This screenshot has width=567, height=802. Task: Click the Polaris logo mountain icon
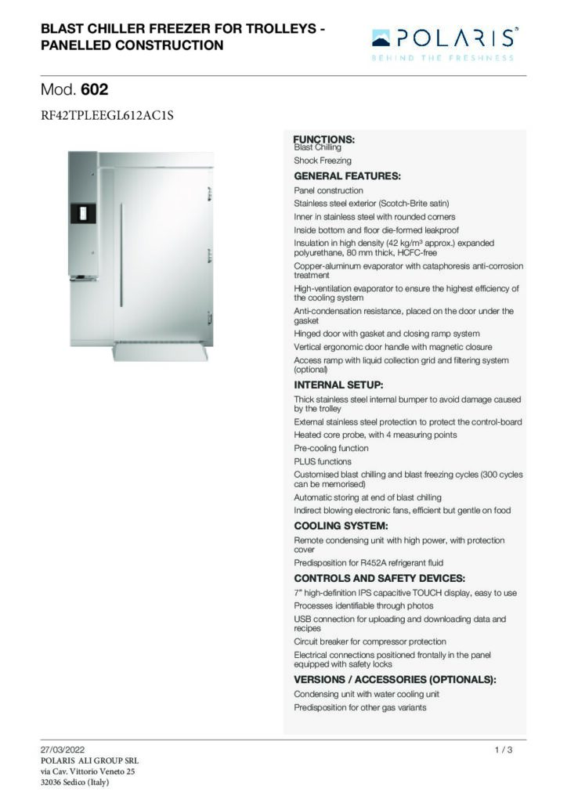[x=381, y=37]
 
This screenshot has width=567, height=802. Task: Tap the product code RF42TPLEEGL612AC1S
[x=106, y=116]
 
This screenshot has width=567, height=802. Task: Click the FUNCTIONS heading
[x=323, y=139]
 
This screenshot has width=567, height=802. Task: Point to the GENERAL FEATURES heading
[x=347, y=175]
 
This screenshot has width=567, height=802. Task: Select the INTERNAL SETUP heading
[x=338, y=385]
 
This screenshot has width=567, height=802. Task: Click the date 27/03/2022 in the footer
[x=62, y=750]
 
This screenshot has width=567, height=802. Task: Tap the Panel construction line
[x=328, y=190]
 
